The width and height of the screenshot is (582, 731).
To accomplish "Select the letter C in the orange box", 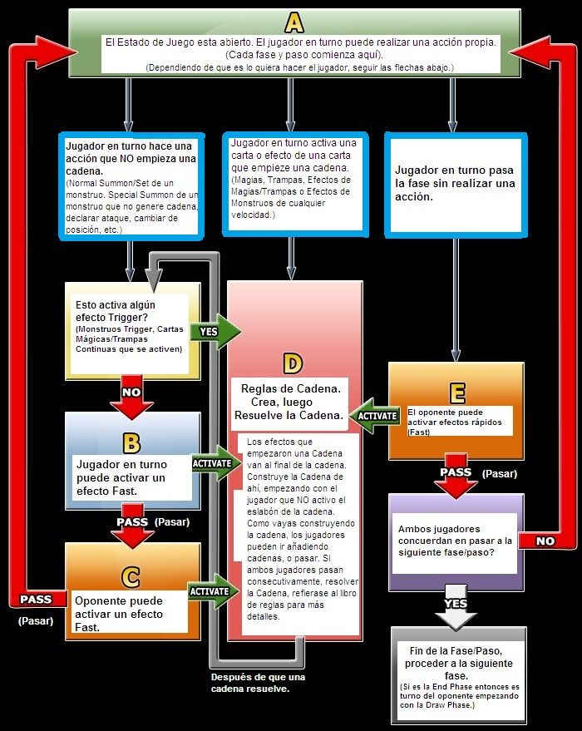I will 131,575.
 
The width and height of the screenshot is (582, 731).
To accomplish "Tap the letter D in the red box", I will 292,363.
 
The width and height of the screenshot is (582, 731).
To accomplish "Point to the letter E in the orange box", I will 456,392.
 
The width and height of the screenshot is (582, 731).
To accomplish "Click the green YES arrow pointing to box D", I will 215,331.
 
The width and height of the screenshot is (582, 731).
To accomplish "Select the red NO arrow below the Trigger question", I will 131,398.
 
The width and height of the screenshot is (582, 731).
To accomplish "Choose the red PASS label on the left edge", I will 35,600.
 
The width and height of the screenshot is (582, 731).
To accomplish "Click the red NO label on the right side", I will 545,541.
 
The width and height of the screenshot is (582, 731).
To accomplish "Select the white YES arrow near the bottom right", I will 455,610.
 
